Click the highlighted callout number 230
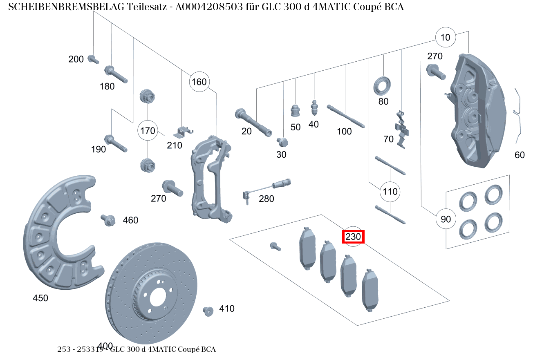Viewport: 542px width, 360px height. [353, 237]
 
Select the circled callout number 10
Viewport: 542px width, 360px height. [445, 38]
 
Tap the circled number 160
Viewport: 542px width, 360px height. [199, 82]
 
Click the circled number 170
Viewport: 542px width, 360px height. [148, 131]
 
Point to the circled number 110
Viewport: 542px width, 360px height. [390, 191]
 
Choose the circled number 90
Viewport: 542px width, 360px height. [446, 219]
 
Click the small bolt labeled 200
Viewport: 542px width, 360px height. [93, 59]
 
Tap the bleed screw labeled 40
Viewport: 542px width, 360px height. [314, 108]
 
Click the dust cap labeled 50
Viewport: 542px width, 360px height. [295, 110]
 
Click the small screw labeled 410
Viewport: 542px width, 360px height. [208, 311]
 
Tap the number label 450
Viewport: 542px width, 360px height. [40, 298]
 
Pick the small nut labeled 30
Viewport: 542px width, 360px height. [282, 142]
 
